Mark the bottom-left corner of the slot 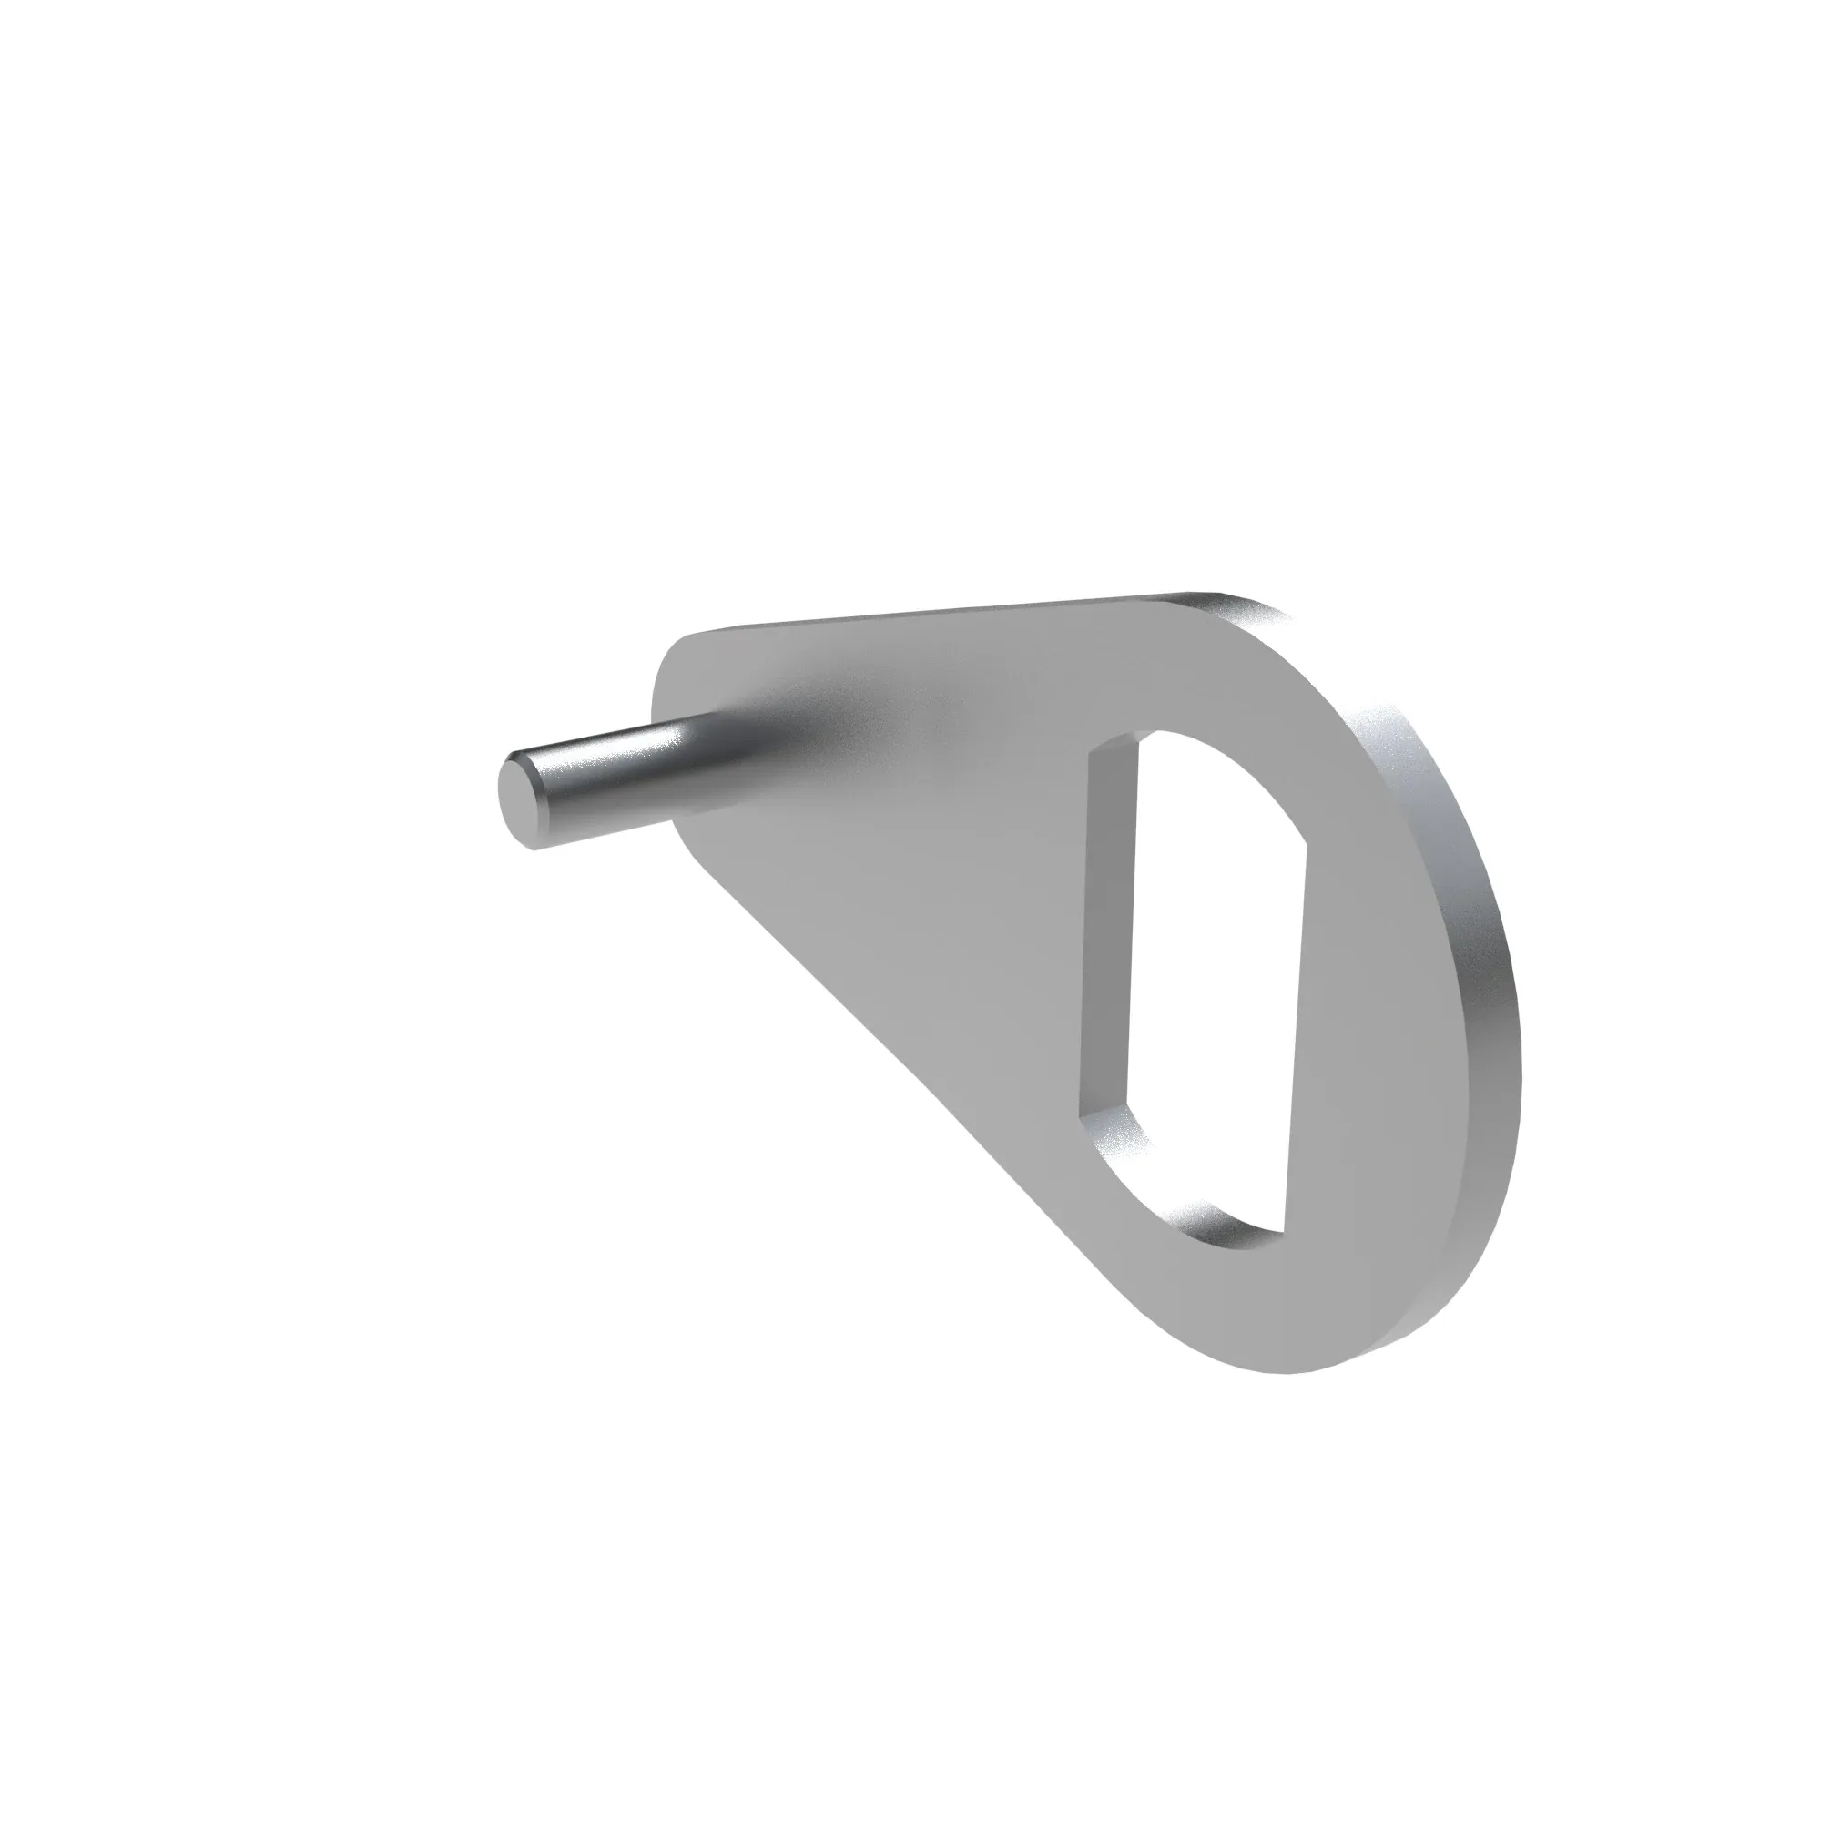point(1083,1117)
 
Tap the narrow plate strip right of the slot point(1386,1037)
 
